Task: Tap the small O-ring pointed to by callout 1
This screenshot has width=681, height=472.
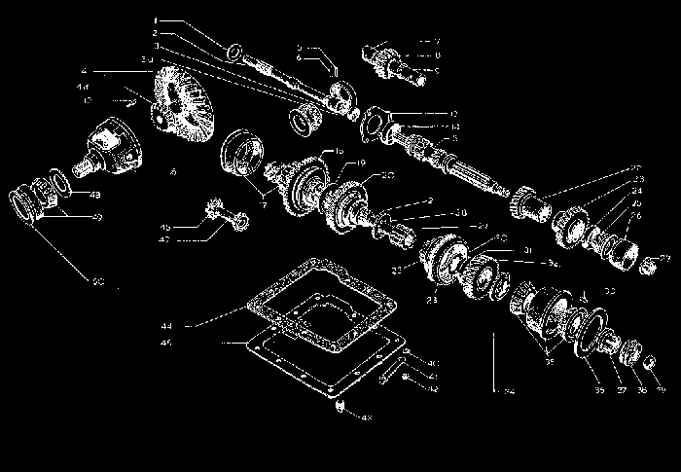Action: coord(233,52)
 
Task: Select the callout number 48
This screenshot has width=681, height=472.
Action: coord(95,196)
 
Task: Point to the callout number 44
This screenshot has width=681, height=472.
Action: coord(166,324)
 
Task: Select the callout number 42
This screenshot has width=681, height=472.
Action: coord(432,388)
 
